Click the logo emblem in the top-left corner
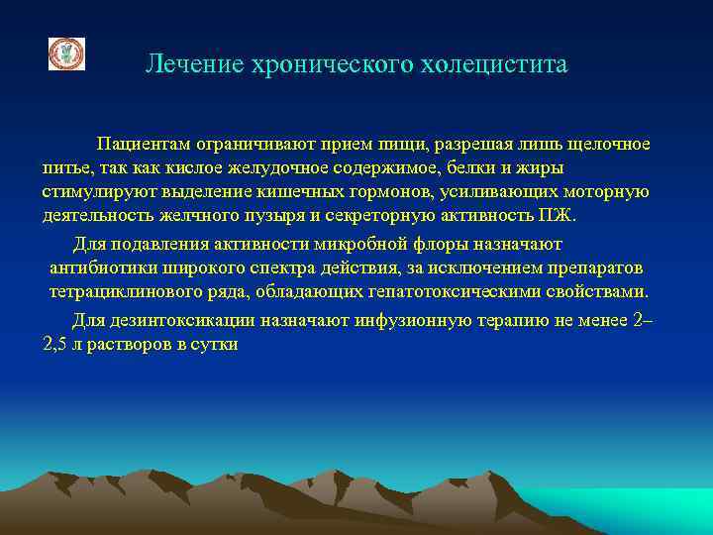tap(67, 54)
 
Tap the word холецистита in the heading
tap(504, 65)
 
